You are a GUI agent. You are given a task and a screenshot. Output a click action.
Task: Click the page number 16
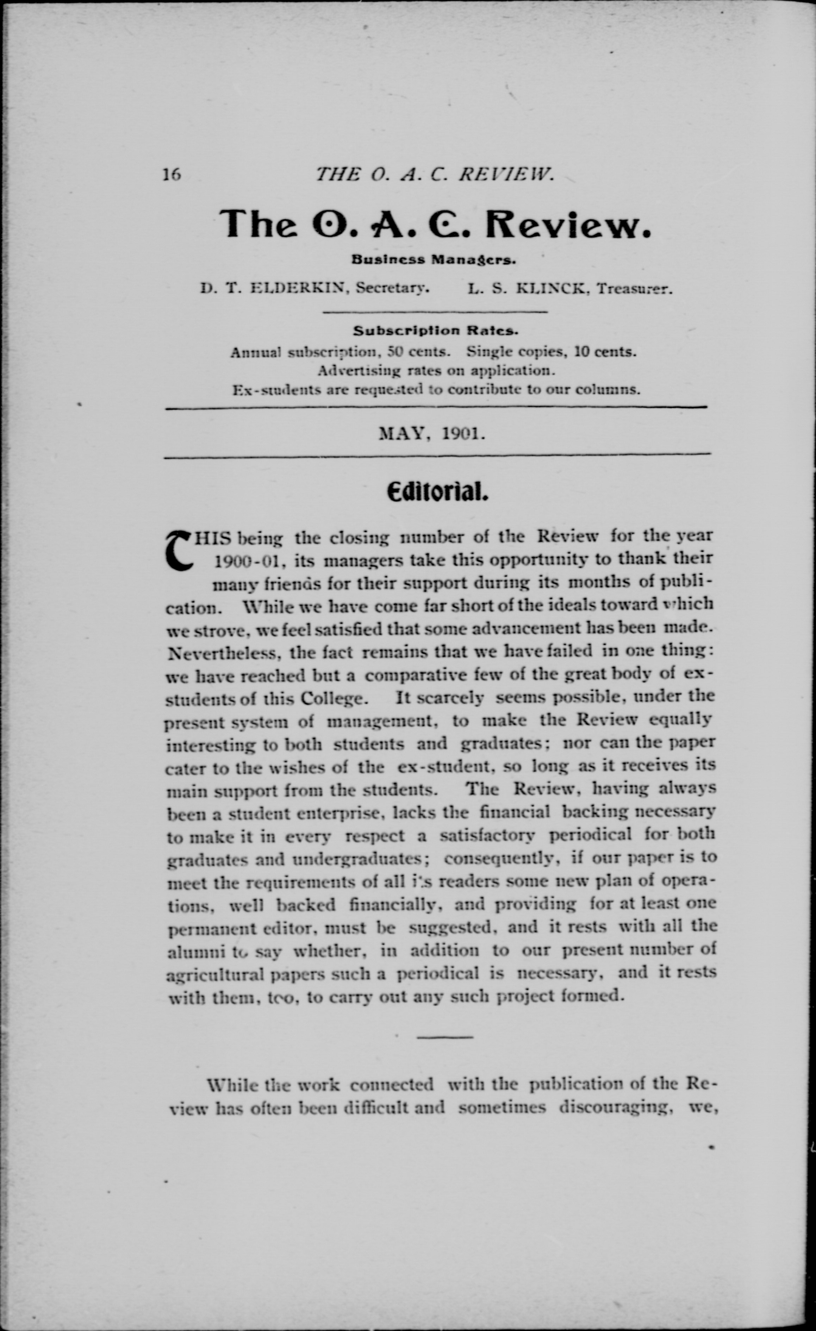tap(172, 175)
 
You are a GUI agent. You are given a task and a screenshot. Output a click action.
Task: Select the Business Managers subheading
tap(434, 259)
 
